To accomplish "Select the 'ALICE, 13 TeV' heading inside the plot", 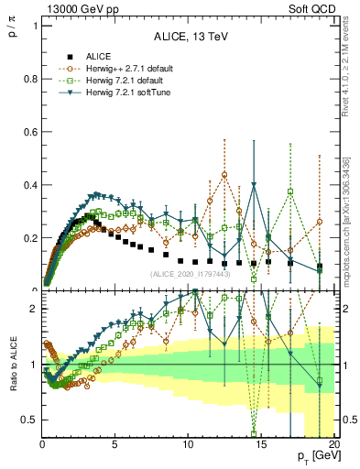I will (x=190, y=36).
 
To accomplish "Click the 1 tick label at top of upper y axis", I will (x=33, y=26).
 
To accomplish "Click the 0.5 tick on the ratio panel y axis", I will (x=28, y=420).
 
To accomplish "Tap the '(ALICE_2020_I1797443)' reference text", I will (x=191, y=274).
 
